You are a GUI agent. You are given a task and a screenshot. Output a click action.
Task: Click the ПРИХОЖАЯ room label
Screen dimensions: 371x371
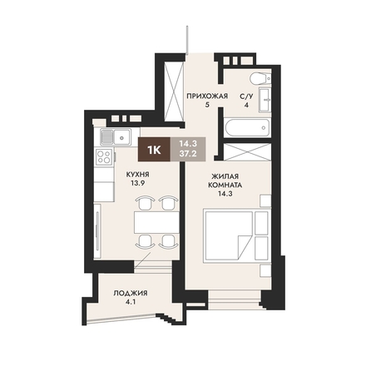point(207,96)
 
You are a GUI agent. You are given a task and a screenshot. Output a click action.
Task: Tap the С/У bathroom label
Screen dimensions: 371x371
point(246,96)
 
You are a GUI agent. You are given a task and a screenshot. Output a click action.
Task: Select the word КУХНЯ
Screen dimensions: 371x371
point(137,175)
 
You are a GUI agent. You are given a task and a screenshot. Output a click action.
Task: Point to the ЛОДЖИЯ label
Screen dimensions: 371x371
point(131,293)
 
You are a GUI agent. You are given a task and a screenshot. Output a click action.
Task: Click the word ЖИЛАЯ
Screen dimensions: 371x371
point(225,176)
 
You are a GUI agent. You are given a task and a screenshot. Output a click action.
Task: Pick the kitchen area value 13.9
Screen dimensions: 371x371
point(137,183)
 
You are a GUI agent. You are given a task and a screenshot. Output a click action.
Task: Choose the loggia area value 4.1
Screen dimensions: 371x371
point(131,302)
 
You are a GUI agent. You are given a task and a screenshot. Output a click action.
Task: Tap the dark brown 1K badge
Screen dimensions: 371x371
point(154,150)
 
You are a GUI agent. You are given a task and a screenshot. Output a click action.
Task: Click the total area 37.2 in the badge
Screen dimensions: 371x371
point(188,154)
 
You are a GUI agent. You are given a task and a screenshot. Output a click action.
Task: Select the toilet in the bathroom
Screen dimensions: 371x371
point(260,78)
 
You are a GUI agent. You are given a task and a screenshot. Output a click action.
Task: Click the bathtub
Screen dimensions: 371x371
point(247,127)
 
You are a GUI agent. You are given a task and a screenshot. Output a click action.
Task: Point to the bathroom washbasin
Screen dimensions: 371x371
point(265,100)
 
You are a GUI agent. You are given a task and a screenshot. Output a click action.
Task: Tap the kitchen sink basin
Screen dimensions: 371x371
point(122,137)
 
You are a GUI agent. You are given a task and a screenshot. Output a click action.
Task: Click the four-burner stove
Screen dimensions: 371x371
point(104,156)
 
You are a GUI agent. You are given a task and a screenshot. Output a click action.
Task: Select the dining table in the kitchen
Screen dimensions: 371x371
point(156,222)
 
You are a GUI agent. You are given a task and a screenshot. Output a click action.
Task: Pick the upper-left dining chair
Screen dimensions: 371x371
point(145,203)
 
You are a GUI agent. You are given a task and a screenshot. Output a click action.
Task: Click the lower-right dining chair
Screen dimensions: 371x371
point(168,241)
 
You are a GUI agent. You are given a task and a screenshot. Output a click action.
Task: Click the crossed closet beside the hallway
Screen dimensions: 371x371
point(174,92)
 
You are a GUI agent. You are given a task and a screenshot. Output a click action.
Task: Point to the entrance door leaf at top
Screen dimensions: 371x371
point(187,40)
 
